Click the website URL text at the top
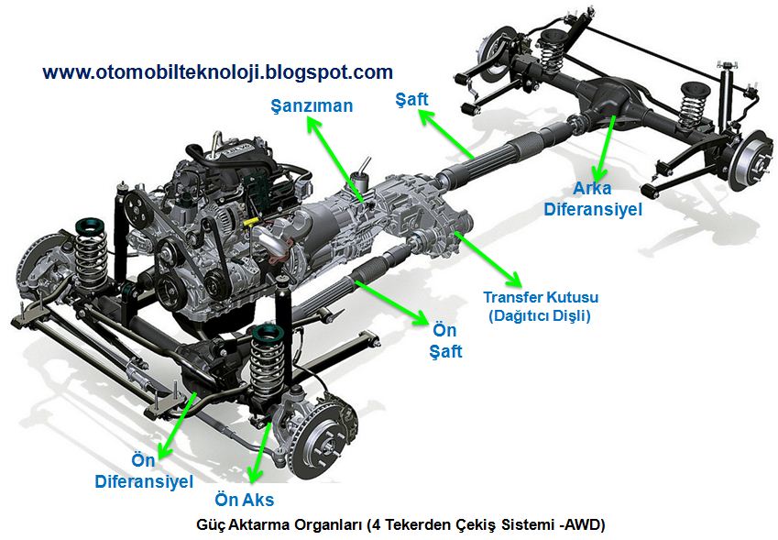(218, 72)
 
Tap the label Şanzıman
(312, 105)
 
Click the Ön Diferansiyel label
(144, 471)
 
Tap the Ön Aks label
(244, 500)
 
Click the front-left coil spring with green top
(90, 252)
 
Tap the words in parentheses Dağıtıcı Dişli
(538, 316)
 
